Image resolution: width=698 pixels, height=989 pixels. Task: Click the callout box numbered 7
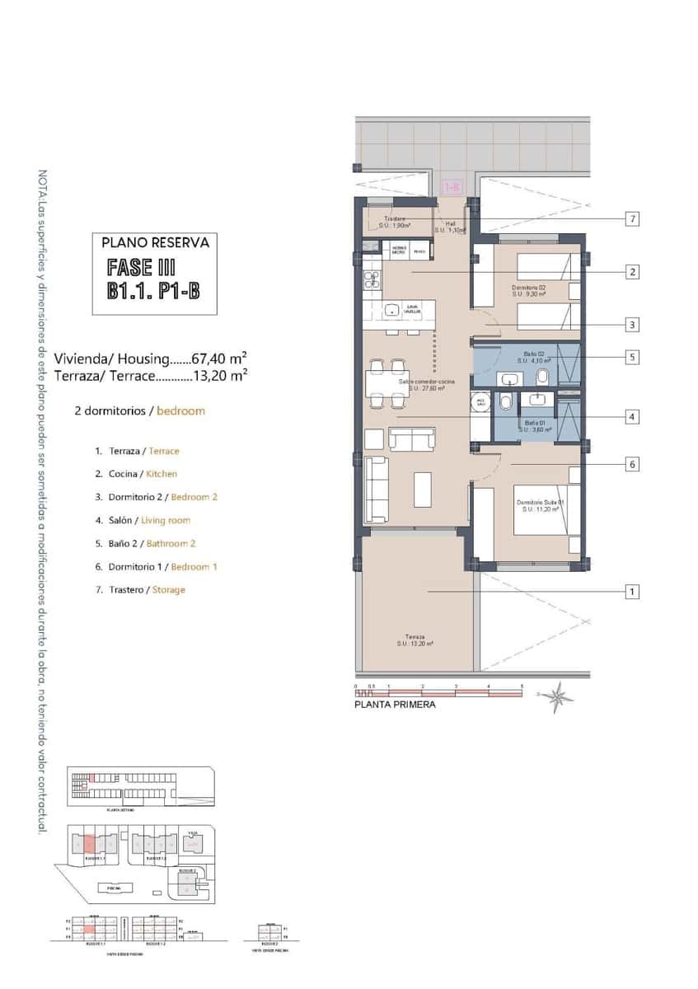[x=632, y=219]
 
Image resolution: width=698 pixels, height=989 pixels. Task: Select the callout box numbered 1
[x=632, y=592]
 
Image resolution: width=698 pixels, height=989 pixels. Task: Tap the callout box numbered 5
[x=632, y=358]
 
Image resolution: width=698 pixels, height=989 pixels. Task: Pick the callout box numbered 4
[x=632, y=417]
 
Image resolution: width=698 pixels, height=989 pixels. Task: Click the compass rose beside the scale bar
[x=560, y=696]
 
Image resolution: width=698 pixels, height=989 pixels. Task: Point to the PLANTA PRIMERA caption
[x=395, y=705]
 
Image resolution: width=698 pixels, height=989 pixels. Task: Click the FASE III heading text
[x=142, y=268]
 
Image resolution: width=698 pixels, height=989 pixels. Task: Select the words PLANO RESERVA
[x=155, y=243]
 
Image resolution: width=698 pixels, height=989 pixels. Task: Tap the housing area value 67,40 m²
[x=219, y=359]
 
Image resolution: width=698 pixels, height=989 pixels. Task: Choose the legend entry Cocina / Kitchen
[x=136, y=474]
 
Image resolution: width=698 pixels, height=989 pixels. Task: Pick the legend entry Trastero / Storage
[x=140, y=589]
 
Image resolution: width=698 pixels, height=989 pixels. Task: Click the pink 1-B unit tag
[x=452, y=188]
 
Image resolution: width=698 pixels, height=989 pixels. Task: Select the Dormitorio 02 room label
[x=529, y=289]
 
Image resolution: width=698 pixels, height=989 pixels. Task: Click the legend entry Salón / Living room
[x=143, y=520]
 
